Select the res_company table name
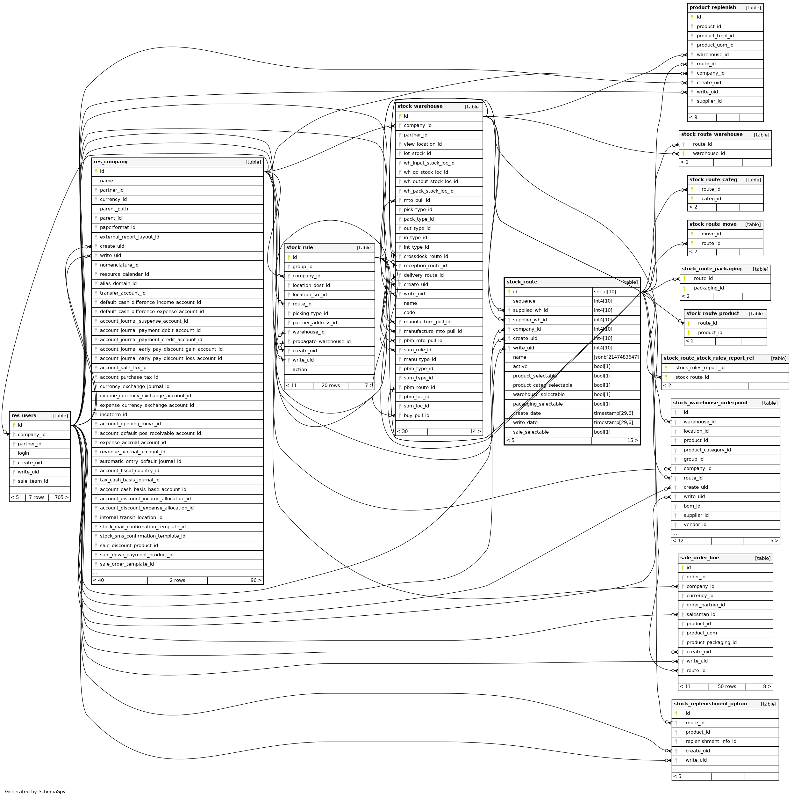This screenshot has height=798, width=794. point(111,162)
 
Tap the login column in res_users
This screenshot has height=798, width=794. point(24,453)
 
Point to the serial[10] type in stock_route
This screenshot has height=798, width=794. point(605,292)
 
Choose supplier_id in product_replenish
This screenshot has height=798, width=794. point(709,101)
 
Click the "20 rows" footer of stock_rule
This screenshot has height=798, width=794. point(331,386)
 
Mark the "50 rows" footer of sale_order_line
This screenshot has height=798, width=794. point(727,686)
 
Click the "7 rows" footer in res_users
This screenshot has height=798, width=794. point(37,497)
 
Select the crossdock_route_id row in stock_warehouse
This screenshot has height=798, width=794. point(426,257)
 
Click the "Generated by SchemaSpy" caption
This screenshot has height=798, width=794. point(35,791)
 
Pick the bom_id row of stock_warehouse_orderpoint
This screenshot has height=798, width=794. point(692,506)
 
